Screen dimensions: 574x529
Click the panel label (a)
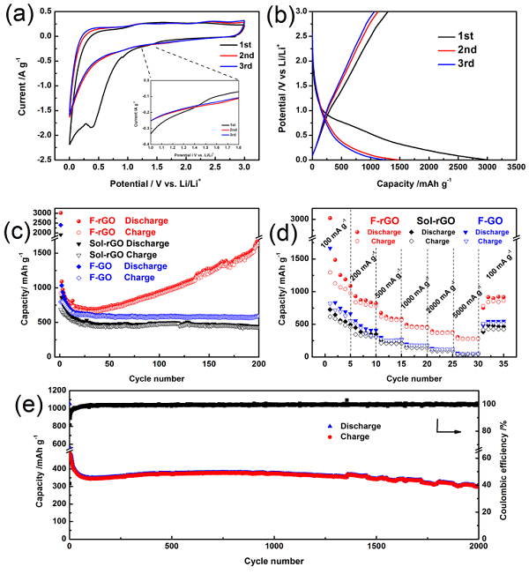point(19,16)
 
